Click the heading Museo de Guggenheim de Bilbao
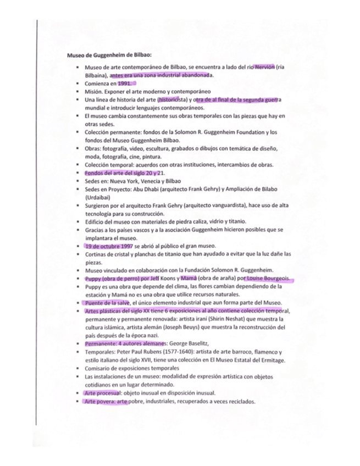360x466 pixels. (x=109, y=56)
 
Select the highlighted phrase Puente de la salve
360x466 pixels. (x=107, y=303)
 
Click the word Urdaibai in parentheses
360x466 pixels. (x=99, y=197)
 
